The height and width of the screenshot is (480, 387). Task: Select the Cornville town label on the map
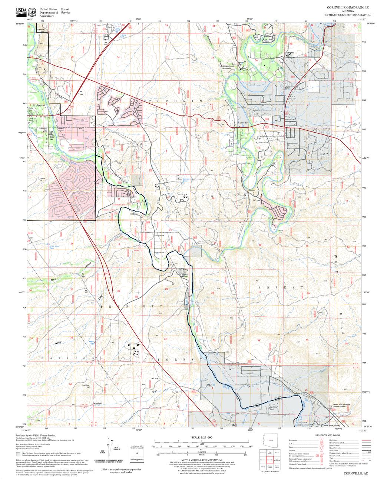[242, 123]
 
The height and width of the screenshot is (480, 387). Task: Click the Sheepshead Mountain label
[226, 67]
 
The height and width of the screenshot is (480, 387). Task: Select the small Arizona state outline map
[270, 440]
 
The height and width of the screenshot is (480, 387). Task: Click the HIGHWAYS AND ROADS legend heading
[328, 436]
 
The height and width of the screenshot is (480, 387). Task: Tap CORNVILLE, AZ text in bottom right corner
[355, 473]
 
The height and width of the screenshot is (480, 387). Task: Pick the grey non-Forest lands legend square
[18, 453]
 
